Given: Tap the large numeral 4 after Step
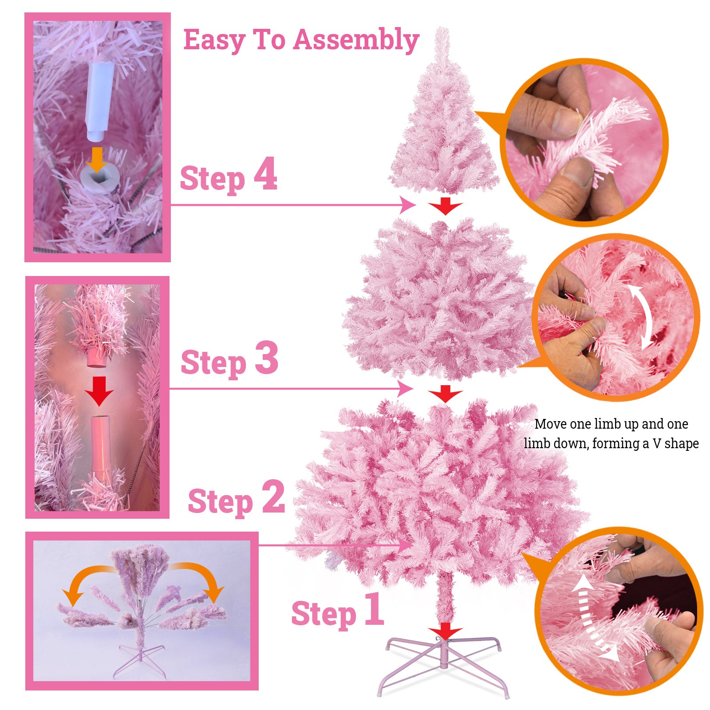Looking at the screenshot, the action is point(265,174).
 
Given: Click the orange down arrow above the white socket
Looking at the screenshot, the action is point(97,159).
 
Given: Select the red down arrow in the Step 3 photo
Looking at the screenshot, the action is point(99,391).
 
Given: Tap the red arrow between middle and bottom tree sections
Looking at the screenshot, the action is point(446,394).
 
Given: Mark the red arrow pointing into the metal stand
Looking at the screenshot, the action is point(446,631).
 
